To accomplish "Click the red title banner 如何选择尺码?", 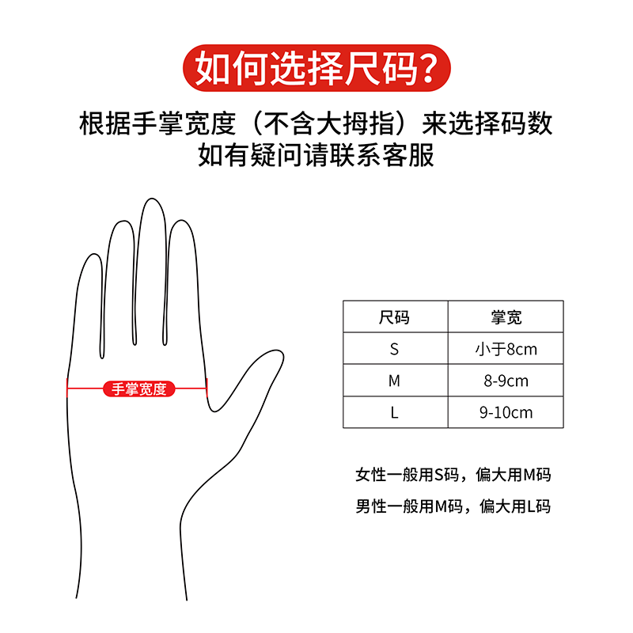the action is coord(316,68).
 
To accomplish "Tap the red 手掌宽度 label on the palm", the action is coord(139,389).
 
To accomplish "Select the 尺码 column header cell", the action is coord(395,316).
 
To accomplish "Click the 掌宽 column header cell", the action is coord(506,316).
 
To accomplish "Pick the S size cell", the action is coord(395,348).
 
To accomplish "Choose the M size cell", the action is coord(395,381).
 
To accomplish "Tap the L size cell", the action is coord(395,412).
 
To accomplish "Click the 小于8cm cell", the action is coord(506,348).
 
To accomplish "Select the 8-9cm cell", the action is coord(506,381).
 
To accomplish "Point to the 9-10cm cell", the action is coord(506,412).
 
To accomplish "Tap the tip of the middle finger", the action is coord(151,199).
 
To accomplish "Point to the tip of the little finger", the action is coord(94,254).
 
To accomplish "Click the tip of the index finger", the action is coord(182,221).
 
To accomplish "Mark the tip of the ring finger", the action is coord(123,222).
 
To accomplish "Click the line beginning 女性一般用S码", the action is coord(453,475).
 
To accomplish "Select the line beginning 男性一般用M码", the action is coord(453,506).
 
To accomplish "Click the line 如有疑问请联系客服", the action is coord(316,155).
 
